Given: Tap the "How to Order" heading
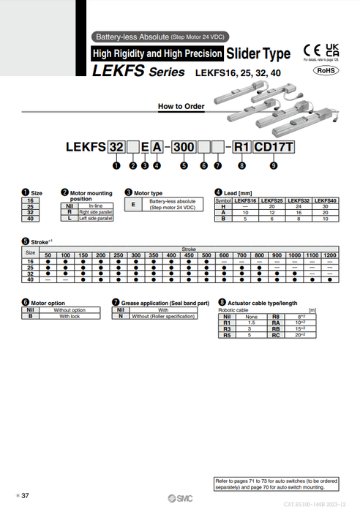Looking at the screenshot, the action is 181,106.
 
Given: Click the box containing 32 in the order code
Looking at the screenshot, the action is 116,147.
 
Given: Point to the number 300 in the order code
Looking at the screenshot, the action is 184,147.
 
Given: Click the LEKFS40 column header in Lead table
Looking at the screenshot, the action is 323,200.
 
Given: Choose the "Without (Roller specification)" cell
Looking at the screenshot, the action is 160,316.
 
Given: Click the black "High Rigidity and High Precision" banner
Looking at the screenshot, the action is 157,53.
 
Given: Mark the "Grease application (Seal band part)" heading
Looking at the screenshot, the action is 165,302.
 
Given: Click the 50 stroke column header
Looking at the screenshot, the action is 48,255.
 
